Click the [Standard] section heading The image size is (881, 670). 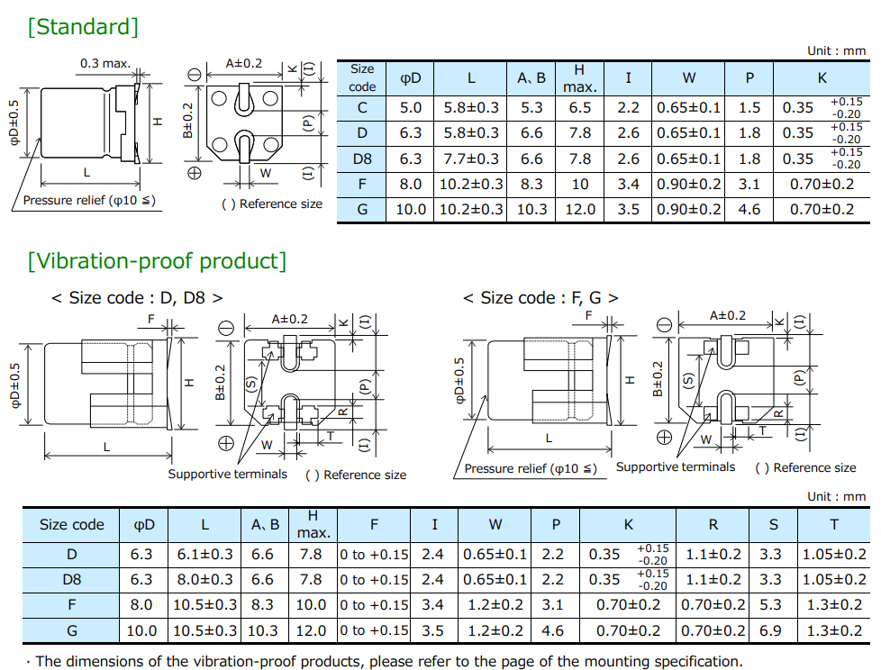pos(83,27)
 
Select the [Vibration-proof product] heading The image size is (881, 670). pos(157,261)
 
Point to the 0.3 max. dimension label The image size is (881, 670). pos(105,64)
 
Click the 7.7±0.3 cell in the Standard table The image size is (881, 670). pos(470,158)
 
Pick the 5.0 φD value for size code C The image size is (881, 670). pos(410,108)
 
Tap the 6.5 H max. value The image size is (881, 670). pos(580,108)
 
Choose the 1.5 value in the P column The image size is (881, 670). pos(749,108)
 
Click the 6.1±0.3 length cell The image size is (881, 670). pos(204,555)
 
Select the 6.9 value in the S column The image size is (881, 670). pos(770,630)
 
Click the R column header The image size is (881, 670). pos(713,524)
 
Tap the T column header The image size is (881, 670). pos(833,524)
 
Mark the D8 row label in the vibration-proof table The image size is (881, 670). pos(72,580)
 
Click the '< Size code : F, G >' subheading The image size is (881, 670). pos(540,298)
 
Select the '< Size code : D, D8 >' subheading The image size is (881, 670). pos(137,298)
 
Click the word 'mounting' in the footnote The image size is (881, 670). pos(617,661)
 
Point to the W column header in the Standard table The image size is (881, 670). pos(689,78)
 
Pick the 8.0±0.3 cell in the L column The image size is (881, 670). pos(204,580)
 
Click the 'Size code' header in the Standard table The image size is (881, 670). pos(362,78)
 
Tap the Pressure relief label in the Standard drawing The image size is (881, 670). pos(88,200)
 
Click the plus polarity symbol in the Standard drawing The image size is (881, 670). pos(194,172)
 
